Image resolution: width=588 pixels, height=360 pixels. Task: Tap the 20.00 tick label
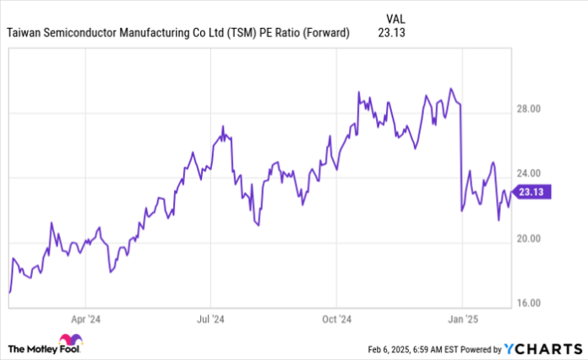pyautogui.click(x=531, y=239)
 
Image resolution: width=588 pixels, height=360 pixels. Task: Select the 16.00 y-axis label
pyautogui.click(x=531, y=303)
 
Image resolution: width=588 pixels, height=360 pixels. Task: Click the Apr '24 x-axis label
pyautogui.click(x=86, y=319)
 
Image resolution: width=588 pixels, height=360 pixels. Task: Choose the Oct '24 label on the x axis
pyautogui.click(x=336, y=319)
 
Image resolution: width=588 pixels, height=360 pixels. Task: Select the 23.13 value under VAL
pyautogui.click(x=394, y=34)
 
